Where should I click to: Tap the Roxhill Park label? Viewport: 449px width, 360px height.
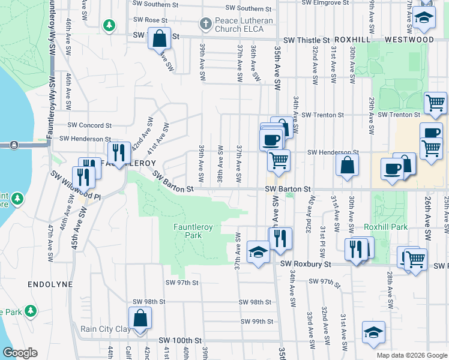(x=385, y=227)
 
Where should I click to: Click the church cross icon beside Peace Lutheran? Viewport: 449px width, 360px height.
(x=205, y=25)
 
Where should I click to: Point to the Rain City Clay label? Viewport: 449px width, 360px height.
(x=106, y=329)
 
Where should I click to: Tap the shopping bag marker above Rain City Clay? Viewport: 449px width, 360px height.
(x=140, y=318)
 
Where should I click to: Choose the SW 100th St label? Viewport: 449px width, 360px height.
(x=181, y=340)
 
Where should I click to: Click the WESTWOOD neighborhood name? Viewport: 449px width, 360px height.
(x=409, y=40)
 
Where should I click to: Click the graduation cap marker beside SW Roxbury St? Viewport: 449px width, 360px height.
(x=258, y=253)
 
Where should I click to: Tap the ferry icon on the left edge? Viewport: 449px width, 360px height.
(x=13, y=145)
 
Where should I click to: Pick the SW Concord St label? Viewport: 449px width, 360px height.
(x=90, y=125)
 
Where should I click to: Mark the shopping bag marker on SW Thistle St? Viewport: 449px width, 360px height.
(x=159, y=39)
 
